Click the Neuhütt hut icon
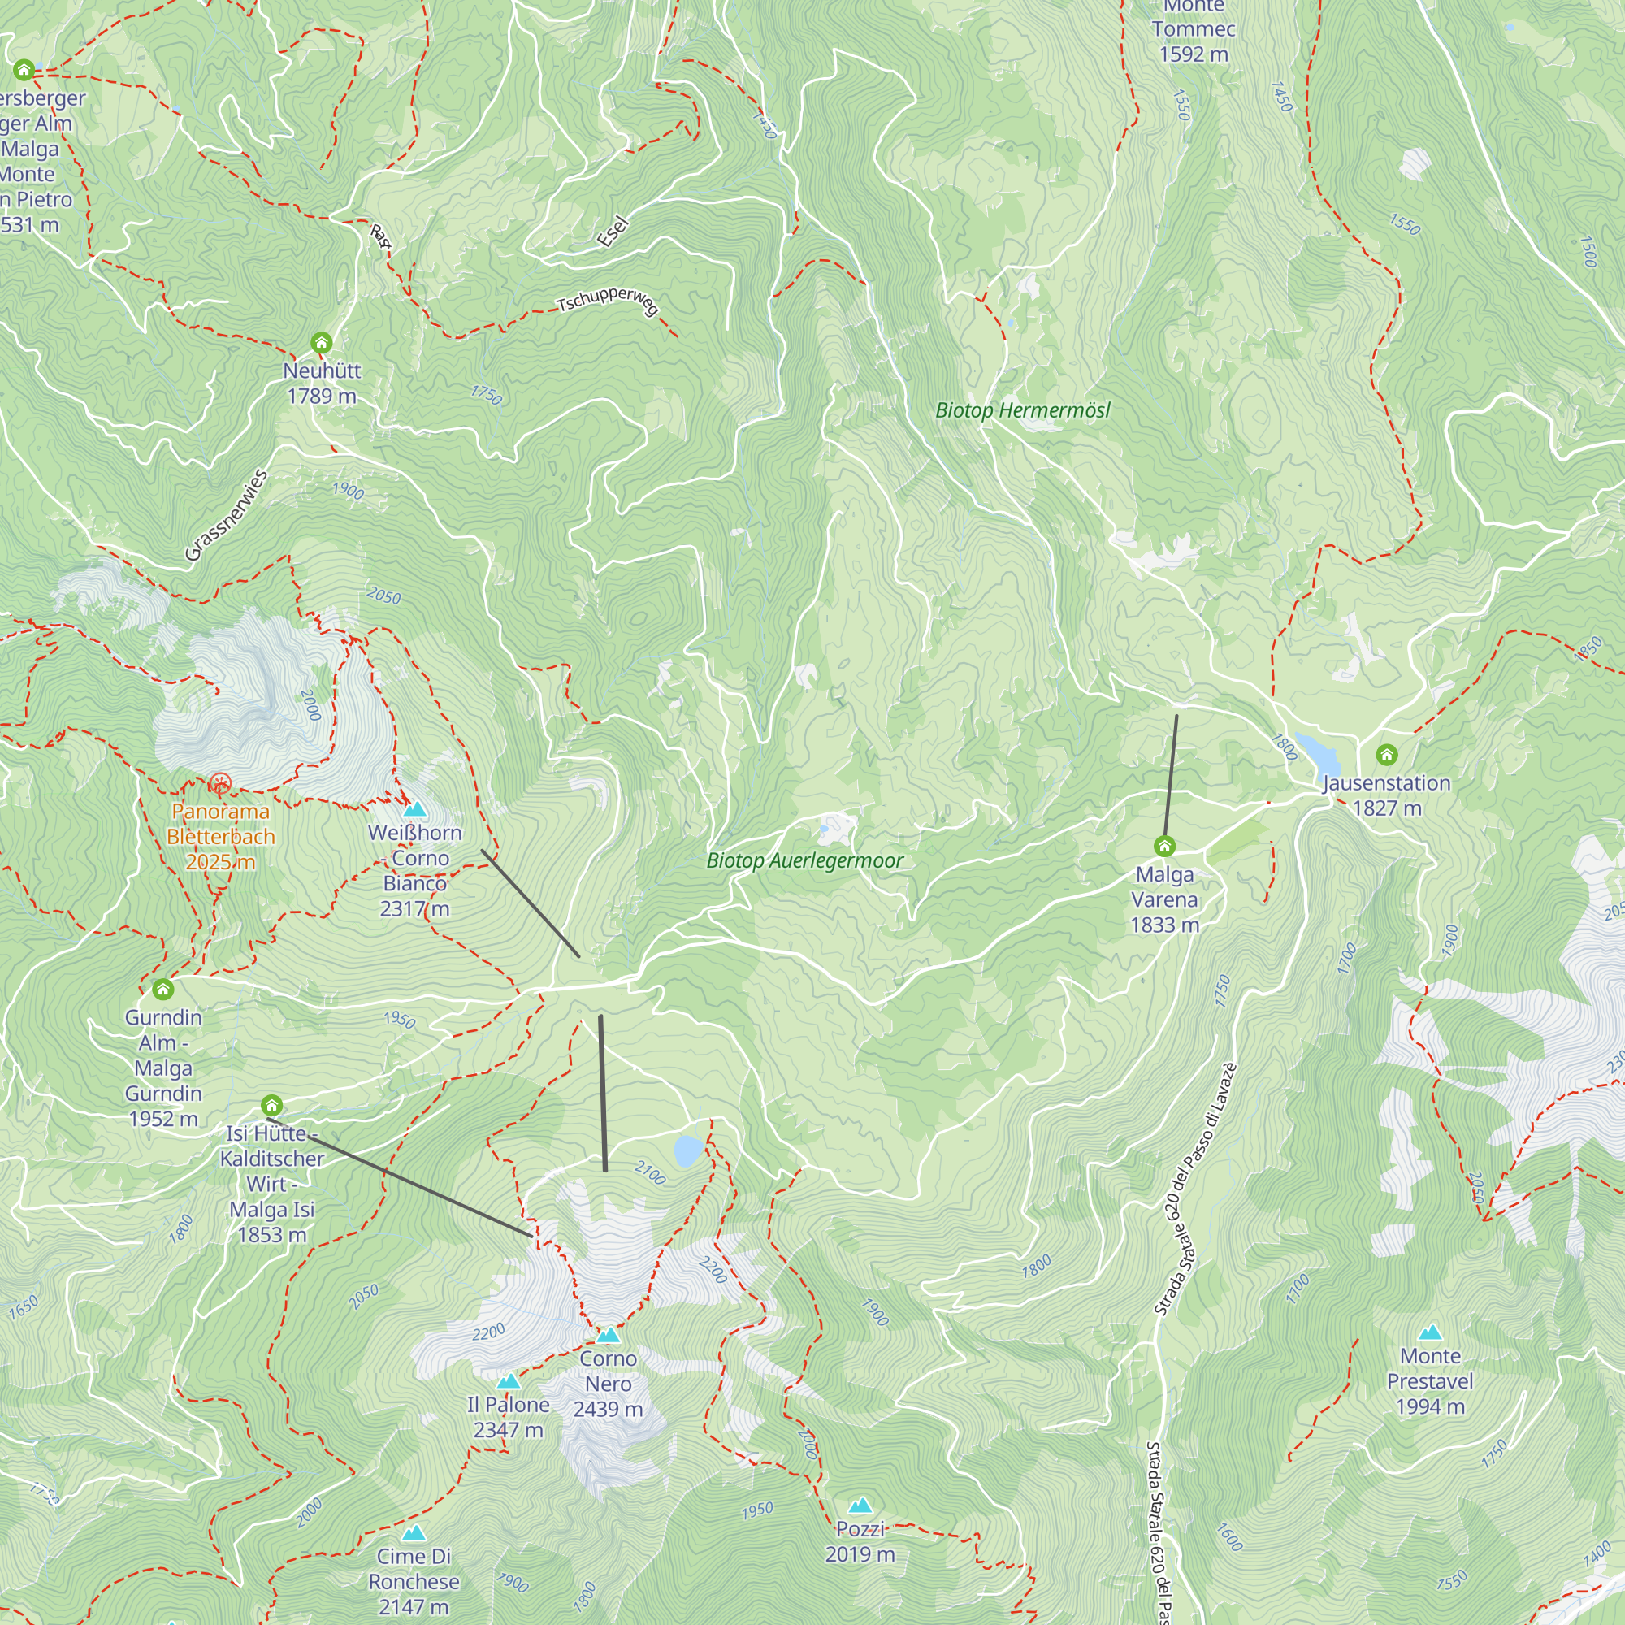coord(321,342)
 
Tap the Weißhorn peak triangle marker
coord(414,810)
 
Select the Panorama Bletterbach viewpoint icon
coord(220,785)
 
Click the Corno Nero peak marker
coord(608,1335)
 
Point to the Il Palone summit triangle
coord(508,1382)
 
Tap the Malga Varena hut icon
coord(1164,845)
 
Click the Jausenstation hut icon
coord(1387,755)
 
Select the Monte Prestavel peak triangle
coord(1430,1332)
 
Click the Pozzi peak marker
coord(860,1506)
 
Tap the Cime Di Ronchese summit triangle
coord(414,1533)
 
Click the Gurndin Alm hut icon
coord(163,988)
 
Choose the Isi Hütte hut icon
coord(271,1104)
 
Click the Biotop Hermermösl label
coord(1023,410)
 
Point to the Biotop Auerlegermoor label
coord(805,860)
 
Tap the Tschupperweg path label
coord(607,301)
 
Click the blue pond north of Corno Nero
coord(688,1150)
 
